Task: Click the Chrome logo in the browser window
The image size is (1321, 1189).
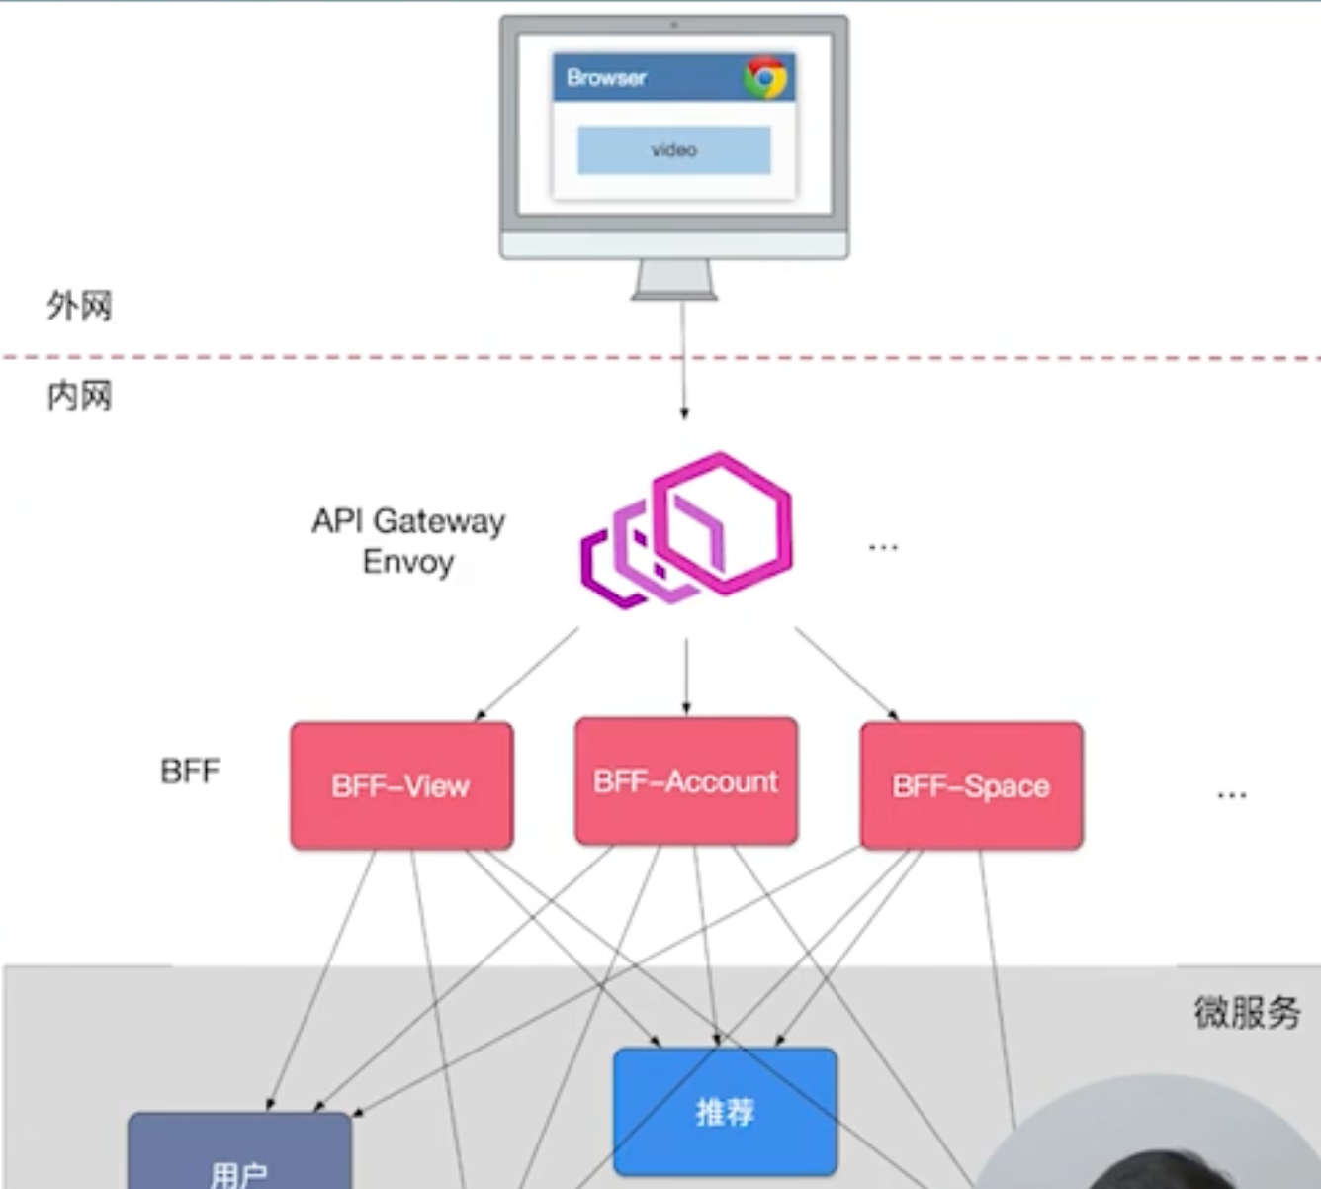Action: click(764, 78)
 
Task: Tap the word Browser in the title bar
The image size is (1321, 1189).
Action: click(606, 78)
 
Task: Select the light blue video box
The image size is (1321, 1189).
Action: click(673, 150)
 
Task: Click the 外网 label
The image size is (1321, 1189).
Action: click(80, 306)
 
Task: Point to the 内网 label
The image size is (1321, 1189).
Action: click(80, 396)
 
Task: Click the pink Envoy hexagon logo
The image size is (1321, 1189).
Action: click(687, 530)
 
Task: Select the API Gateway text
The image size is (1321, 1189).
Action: click(408, 521)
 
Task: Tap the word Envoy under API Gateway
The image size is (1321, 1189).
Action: click(408, 562)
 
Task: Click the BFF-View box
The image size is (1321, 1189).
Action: click(401, 785)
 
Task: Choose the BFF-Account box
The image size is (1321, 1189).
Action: click(686, 781)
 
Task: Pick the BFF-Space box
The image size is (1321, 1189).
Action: click(971, 785)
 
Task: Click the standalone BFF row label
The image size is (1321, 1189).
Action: click(190, 771)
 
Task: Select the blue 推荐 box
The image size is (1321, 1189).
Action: click(725, 1112)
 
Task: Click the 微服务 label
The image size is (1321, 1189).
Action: click(1247, 1012)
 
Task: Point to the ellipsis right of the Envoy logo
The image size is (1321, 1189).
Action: click(883, 546)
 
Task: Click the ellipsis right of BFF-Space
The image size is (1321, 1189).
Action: click(1231, 795)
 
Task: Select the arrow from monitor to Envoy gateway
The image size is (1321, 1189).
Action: click(683, 360)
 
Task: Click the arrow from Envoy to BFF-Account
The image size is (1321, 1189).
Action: click(686, 677)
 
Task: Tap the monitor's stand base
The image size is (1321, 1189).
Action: click(674, 296)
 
